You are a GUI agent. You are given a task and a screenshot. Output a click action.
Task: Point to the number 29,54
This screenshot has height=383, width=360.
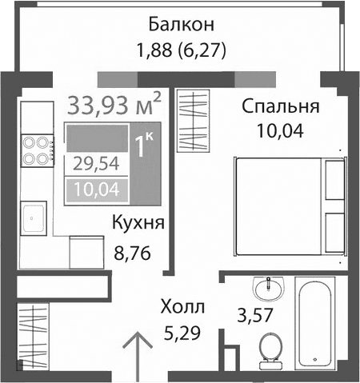coord(90,165)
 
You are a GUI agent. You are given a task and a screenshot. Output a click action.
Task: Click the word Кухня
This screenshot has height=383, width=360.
coord(138,223)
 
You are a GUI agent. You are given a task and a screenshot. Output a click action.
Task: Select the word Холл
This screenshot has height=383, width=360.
coord(182,307)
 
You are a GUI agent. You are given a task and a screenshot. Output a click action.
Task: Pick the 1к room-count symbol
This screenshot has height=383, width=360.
coord(145,147)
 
